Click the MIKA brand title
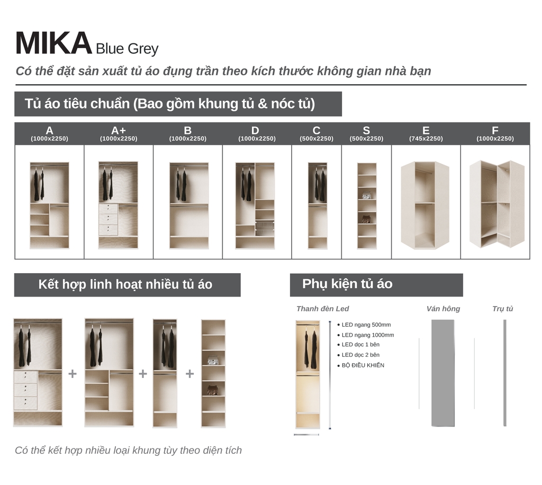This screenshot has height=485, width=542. click(53, 43)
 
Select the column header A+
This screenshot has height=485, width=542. click(119, 130)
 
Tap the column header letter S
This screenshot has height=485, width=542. click(366, 130)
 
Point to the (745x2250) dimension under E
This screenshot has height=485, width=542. click(426, 139)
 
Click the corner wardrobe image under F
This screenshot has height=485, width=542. click(496, 204)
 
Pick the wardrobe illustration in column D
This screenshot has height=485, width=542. click(255, 205)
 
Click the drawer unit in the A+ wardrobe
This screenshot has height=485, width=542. click(108, 219)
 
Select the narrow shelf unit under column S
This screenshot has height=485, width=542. click(367, 205)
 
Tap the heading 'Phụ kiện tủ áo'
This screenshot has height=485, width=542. click(347, 284)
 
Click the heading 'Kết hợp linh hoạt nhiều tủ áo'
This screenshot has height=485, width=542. click(125, 284)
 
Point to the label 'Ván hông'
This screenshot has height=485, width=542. click(443, 309)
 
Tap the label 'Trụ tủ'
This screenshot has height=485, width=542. click(503, 309)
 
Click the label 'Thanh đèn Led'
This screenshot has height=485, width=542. click(323, 309)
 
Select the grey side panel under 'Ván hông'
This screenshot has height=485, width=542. click(443, 373)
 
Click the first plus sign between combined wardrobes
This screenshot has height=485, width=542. click(73, 374)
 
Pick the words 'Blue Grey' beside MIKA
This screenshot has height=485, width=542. click(127, 49)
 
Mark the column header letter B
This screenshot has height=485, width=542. click(188, 130)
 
